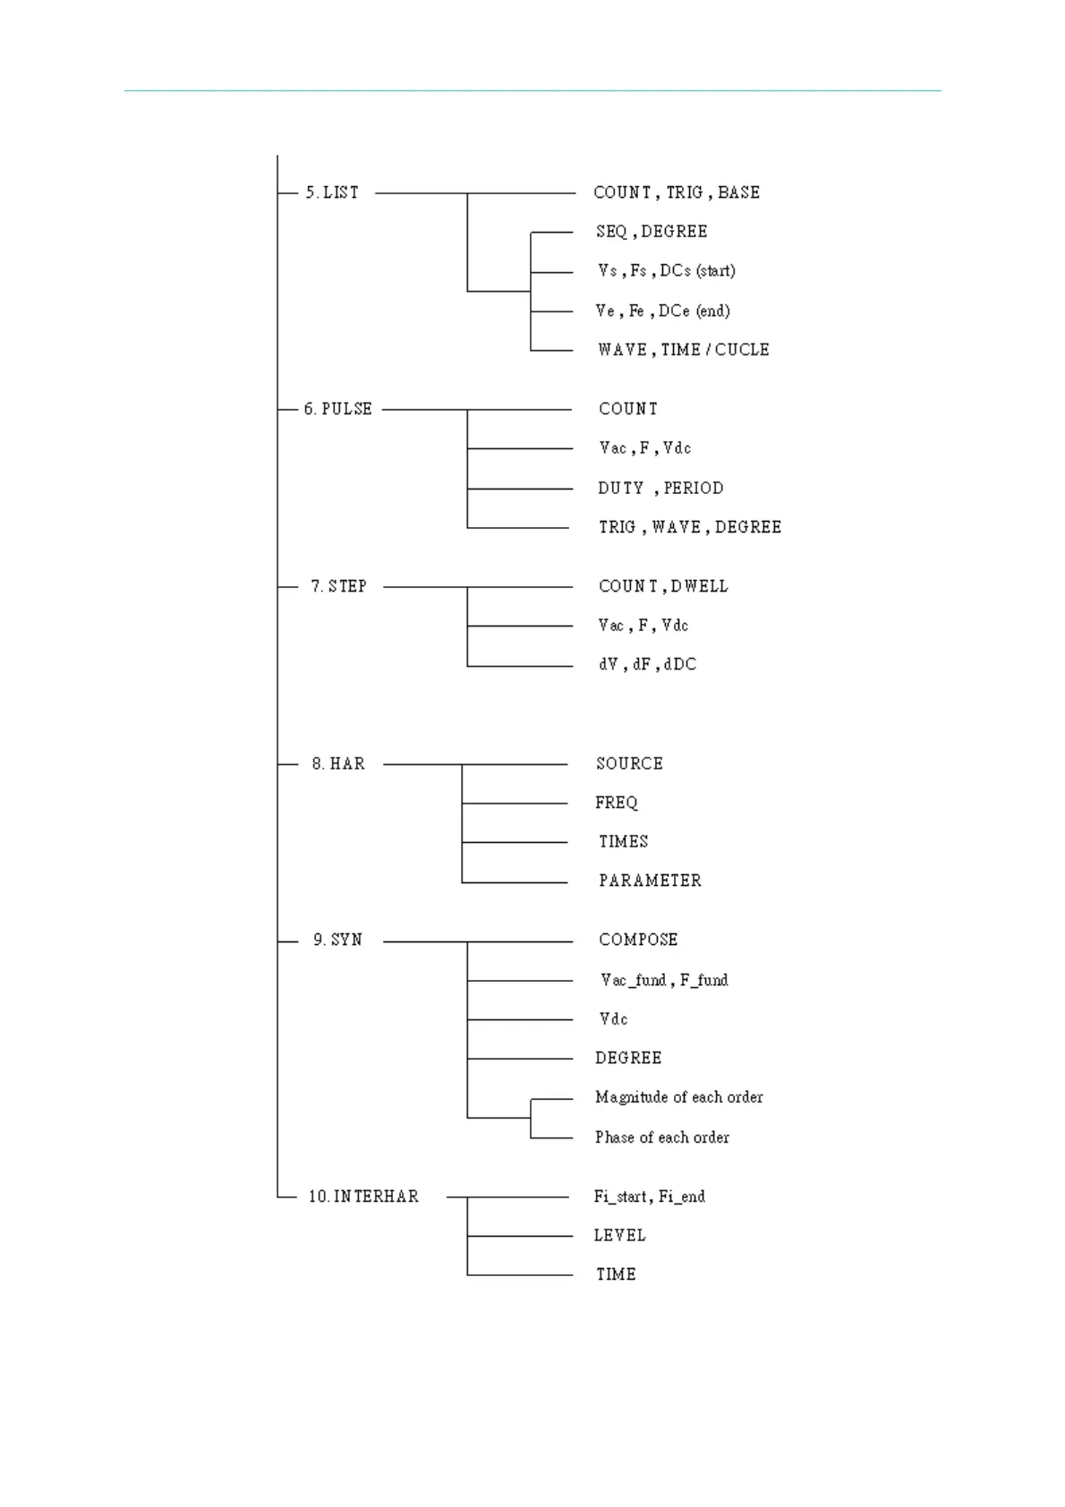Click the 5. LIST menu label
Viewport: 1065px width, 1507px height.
[x=332, y=193]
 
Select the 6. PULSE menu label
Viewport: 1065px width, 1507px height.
[x=337, y=409]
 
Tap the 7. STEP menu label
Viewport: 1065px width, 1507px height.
[x=338, y=586]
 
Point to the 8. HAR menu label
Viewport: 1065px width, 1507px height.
[x=338, y=764]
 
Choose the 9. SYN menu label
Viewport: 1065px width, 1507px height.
[x=337, y=941]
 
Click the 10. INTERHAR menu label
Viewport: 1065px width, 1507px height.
[x=363, y=1196]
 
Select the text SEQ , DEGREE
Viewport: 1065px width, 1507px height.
[x=652, y=232]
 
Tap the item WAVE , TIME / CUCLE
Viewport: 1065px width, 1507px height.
[x=683, y=350]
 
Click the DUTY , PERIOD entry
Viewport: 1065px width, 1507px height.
[x=660, y=489]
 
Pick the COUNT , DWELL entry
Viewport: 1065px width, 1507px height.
[x=663, y=586]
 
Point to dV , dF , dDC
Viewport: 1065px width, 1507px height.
[x=647, y=665]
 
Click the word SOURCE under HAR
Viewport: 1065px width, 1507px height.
[x=629, y=764]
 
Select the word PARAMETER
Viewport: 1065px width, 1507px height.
[x=650, y=881]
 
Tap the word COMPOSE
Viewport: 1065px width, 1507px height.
[x=638, y=941]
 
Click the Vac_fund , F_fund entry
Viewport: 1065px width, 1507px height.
[x=664, y=981]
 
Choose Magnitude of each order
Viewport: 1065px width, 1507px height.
[x=678, y=1097]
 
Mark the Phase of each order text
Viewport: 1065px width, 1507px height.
[x=661, y=1137]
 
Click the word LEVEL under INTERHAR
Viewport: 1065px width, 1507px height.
[x=619, y=1236]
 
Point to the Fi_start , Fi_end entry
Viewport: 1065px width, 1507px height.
[x=649, y=1196]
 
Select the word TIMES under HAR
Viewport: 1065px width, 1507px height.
[x=623, y=842]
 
